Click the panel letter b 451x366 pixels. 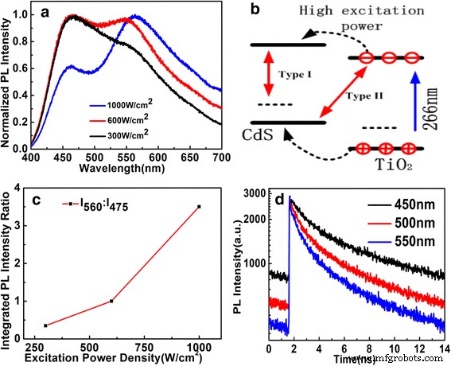254,11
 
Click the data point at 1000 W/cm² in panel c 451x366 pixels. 199,207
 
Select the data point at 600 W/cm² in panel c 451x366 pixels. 111,301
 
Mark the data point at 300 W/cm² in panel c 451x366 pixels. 45,325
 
